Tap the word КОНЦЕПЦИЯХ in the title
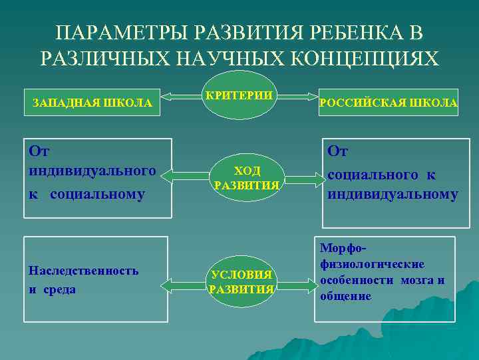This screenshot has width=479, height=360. [x=376, y=59]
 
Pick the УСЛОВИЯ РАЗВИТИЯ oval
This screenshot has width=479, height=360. [x=242, y=282]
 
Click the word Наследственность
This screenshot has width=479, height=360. [x=84, y=271]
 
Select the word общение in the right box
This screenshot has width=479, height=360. [x=345, y=296]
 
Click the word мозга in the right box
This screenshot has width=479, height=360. [x=416, y=280]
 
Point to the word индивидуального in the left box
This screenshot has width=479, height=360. [x=92, y=171]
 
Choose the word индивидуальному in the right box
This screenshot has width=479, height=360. [x=392, y=195]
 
